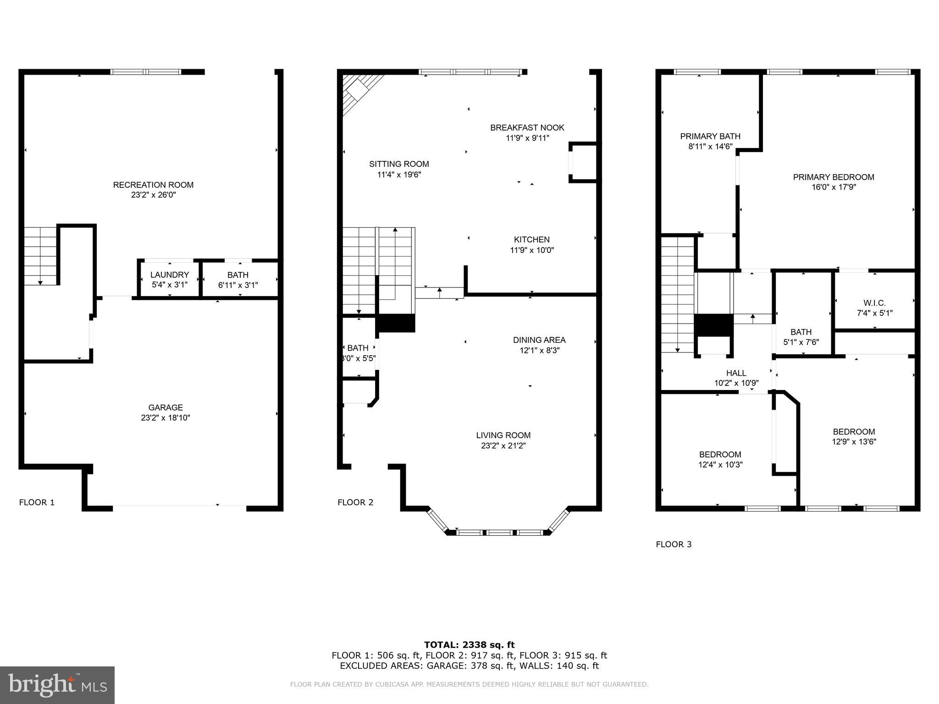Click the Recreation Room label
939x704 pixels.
(153, 185)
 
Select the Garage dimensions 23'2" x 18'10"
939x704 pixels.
(166, 418)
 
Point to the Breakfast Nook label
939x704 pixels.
(527, 127)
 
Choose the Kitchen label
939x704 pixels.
(531, 239)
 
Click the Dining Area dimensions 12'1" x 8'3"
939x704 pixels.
(539, 351)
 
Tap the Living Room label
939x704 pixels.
(503, 435)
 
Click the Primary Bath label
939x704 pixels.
(710, 136)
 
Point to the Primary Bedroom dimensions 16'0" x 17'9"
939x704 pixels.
(834, 187)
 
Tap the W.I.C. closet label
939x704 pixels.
(874, 303)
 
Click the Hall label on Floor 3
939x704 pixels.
(736, 373)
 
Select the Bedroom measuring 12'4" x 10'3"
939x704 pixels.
(720, 459)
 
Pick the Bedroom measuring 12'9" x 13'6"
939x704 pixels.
(854, 436)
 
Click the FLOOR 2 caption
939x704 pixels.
(355, 502)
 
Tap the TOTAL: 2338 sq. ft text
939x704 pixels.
(469, 645)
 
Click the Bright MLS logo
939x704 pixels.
(57, 685)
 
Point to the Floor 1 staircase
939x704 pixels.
(40, 256)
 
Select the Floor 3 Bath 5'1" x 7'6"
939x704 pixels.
(801, 336)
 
